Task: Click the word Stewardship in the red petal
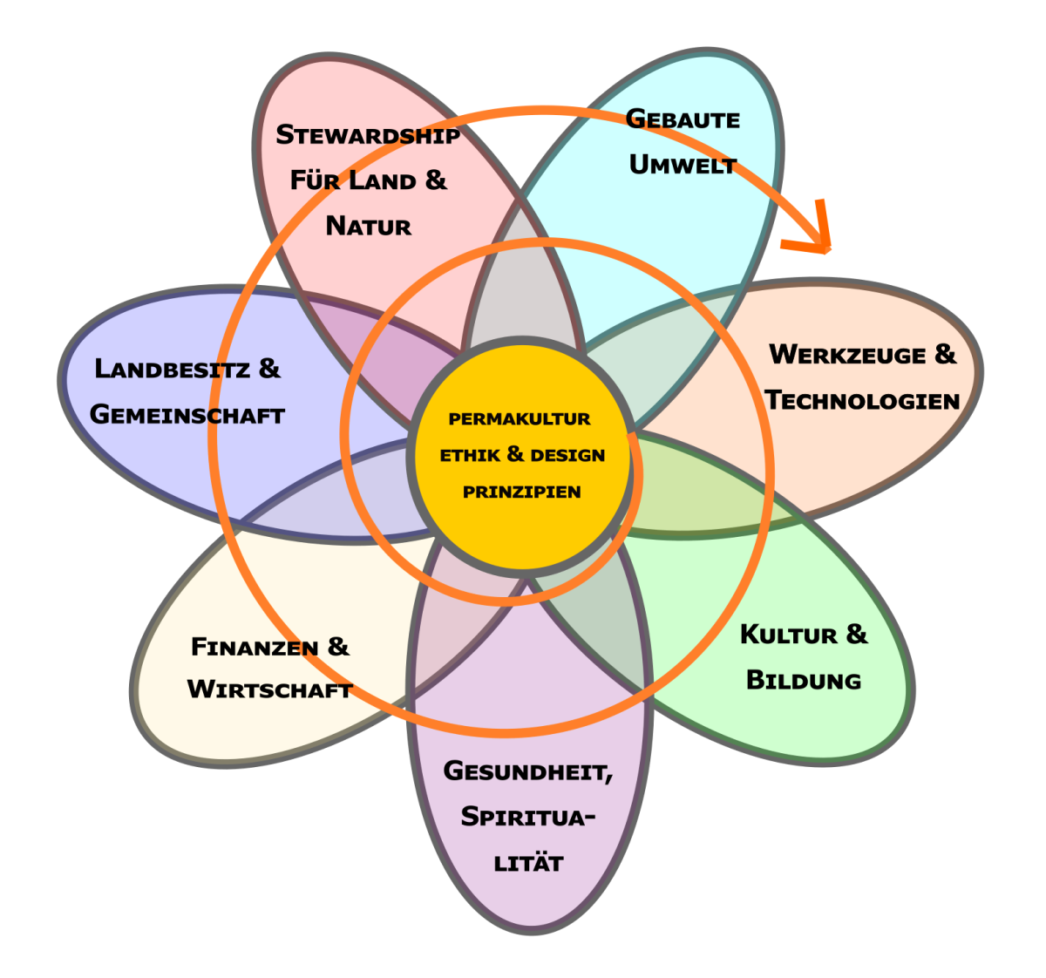tap(368, 135)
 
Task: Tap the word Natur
tap(369, 227)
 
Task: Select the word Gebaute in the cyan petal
tap(683, 119)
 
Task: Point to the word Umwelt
tap(683, 165)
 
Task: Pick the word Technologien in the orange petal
tap(862, 401)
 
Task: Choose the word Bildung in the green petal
tap(804, 681)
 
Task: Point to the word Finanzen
tap(253, 648)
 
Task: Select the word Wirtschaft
tap(269, 690)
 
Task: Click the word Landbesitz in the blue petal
tap(173, 369)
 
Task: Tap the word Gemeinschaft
tap(187, 415)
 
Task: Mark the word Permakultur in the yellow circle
tap(520, 419)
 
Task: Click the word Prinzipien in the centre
tap(521, 492)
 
